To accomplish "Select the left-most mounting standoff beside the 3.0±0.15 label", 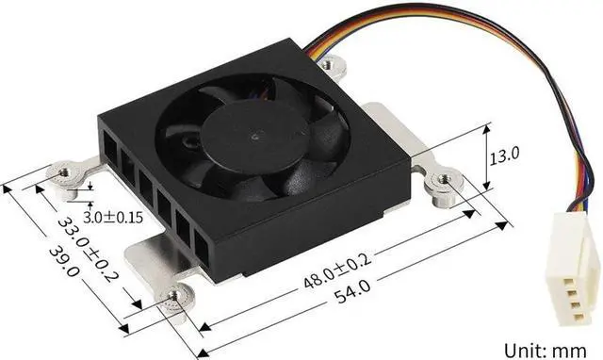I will coord(69,174).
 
